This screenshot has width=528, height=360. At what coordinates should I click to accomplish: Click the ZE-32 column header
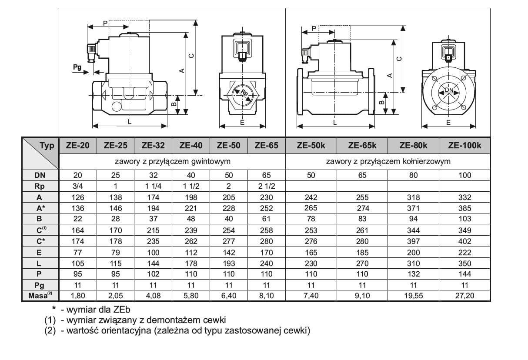(x=153, y=146)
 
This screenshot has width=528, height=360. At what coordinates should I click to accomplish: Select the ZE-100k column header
(x=465, y=146)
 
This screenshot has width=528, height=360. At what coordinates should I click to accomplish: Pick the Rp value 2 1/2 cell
(x=266, y=186)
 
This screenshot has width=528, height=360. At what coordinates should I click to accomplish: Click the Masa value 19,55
(x=413, y=296)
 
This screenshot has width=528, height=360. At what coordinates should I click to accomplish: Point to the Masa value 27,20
(x=465, y=296)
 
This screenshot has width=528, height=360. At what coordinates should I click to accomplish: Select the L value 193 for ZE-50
(x=228, y=263)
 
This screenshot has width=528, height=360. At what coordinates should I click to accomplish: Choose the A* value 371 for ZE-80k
(x=413, y=208)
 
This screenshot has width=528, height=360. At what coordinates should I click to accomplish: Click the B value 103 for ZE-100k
(x=465, y=219)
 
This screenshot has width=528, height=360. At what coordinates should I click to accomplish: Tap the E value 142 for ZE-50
(x=228, y=252)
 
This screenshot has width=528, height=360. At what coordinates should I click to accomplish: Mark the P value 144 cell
(x=465, y=274)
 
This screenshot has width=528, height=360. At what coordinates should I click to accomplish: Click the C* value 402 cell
(x=465, y=241)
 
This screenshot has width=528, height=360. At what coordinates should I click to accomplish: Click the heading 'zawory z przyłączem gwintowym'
(x=172, y=161)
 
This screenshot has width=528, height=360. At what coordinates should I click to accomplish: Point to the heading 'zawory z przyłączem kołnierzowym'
(x=388, y=161)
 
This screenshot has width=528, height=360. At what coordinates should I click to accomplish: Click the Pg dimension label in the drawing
(x=77, y=67)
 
